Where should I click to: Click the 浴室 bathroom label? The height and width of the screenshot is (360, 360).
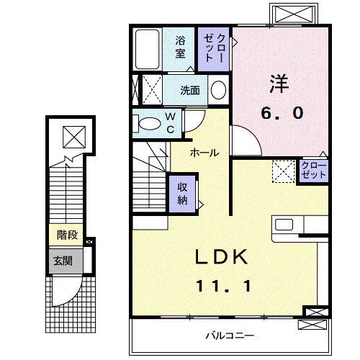180,48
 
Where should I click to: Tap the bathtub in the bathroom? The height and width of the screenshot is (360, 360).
148,48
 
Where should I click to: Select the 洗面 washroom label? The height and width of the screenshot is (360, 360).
190,91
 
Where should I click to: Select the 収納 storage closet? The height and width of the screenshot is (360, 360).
183,192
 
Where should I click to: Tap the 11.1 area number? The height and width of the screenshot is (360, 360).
223,286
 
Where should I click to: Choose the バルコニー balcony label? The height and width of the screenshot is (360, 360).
230,336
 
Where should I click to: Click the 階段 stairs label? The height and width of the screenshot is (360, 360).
67,235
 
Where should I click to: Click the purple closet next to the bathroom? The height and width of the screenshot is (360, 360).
215,48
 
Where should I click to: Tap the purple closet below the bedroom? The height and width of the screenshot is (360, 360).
314,171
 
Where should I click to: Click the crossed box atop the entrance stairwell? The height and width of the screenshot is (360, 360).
73,135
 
